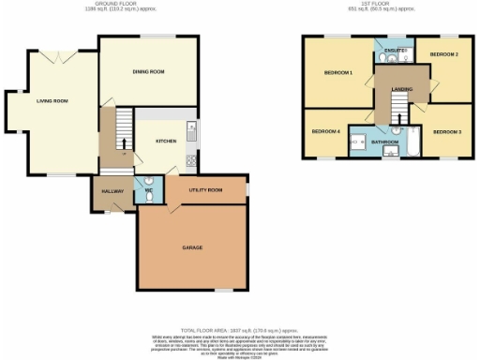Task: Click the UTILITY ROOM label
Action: pos(204,190)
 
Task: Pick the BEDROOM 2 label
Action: pos(443,55)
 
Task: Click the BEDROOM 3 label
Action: pos(446,132)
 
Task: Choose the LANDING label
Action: pos(401,88)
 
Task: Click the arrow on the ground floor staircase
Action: pos(123,144)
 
